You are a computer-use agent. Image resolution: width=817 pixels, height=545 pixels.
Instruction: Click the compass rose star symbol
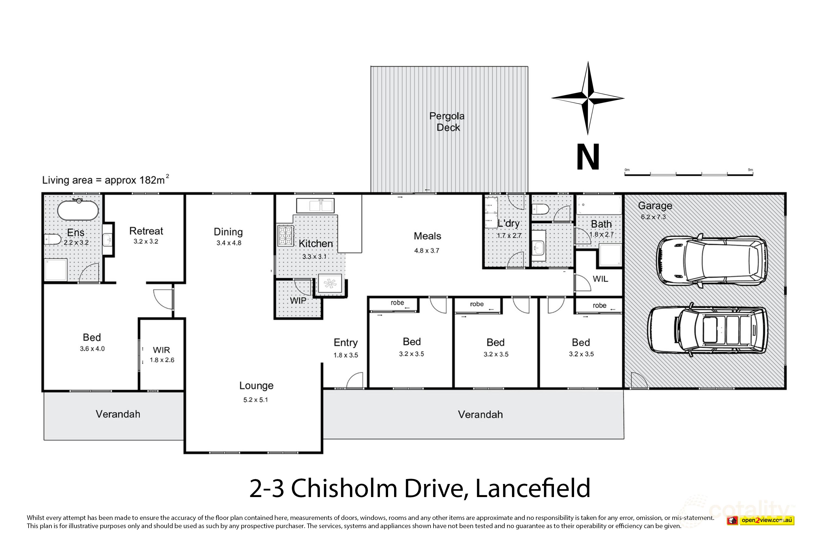(588, 98)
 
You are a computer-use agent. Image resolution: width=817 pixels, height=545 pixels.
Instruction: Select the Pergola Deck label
(447, 122)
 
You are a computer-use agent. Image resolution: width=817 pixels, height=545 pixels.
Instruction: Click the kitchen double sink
(315, 206)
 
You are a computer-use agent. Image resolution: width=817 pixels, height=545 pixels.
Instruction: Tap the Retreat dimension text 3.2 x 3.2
(146, 241)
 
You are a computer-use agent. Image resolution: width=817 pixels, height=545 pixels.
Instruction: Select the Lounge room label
(256, 386)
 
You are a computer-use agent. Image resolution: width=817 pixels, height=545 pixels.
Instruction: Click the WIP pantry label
(298, 301)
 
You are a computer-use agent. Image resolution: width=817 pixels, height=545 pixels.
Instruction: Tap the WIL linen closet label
(600, 279)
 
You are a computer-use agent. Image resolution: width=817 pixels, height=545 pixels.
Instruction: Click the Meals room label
(427, 236)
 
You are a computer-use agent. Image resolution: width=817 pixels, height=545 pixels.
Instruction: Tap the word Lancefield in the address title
(532, 488)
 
